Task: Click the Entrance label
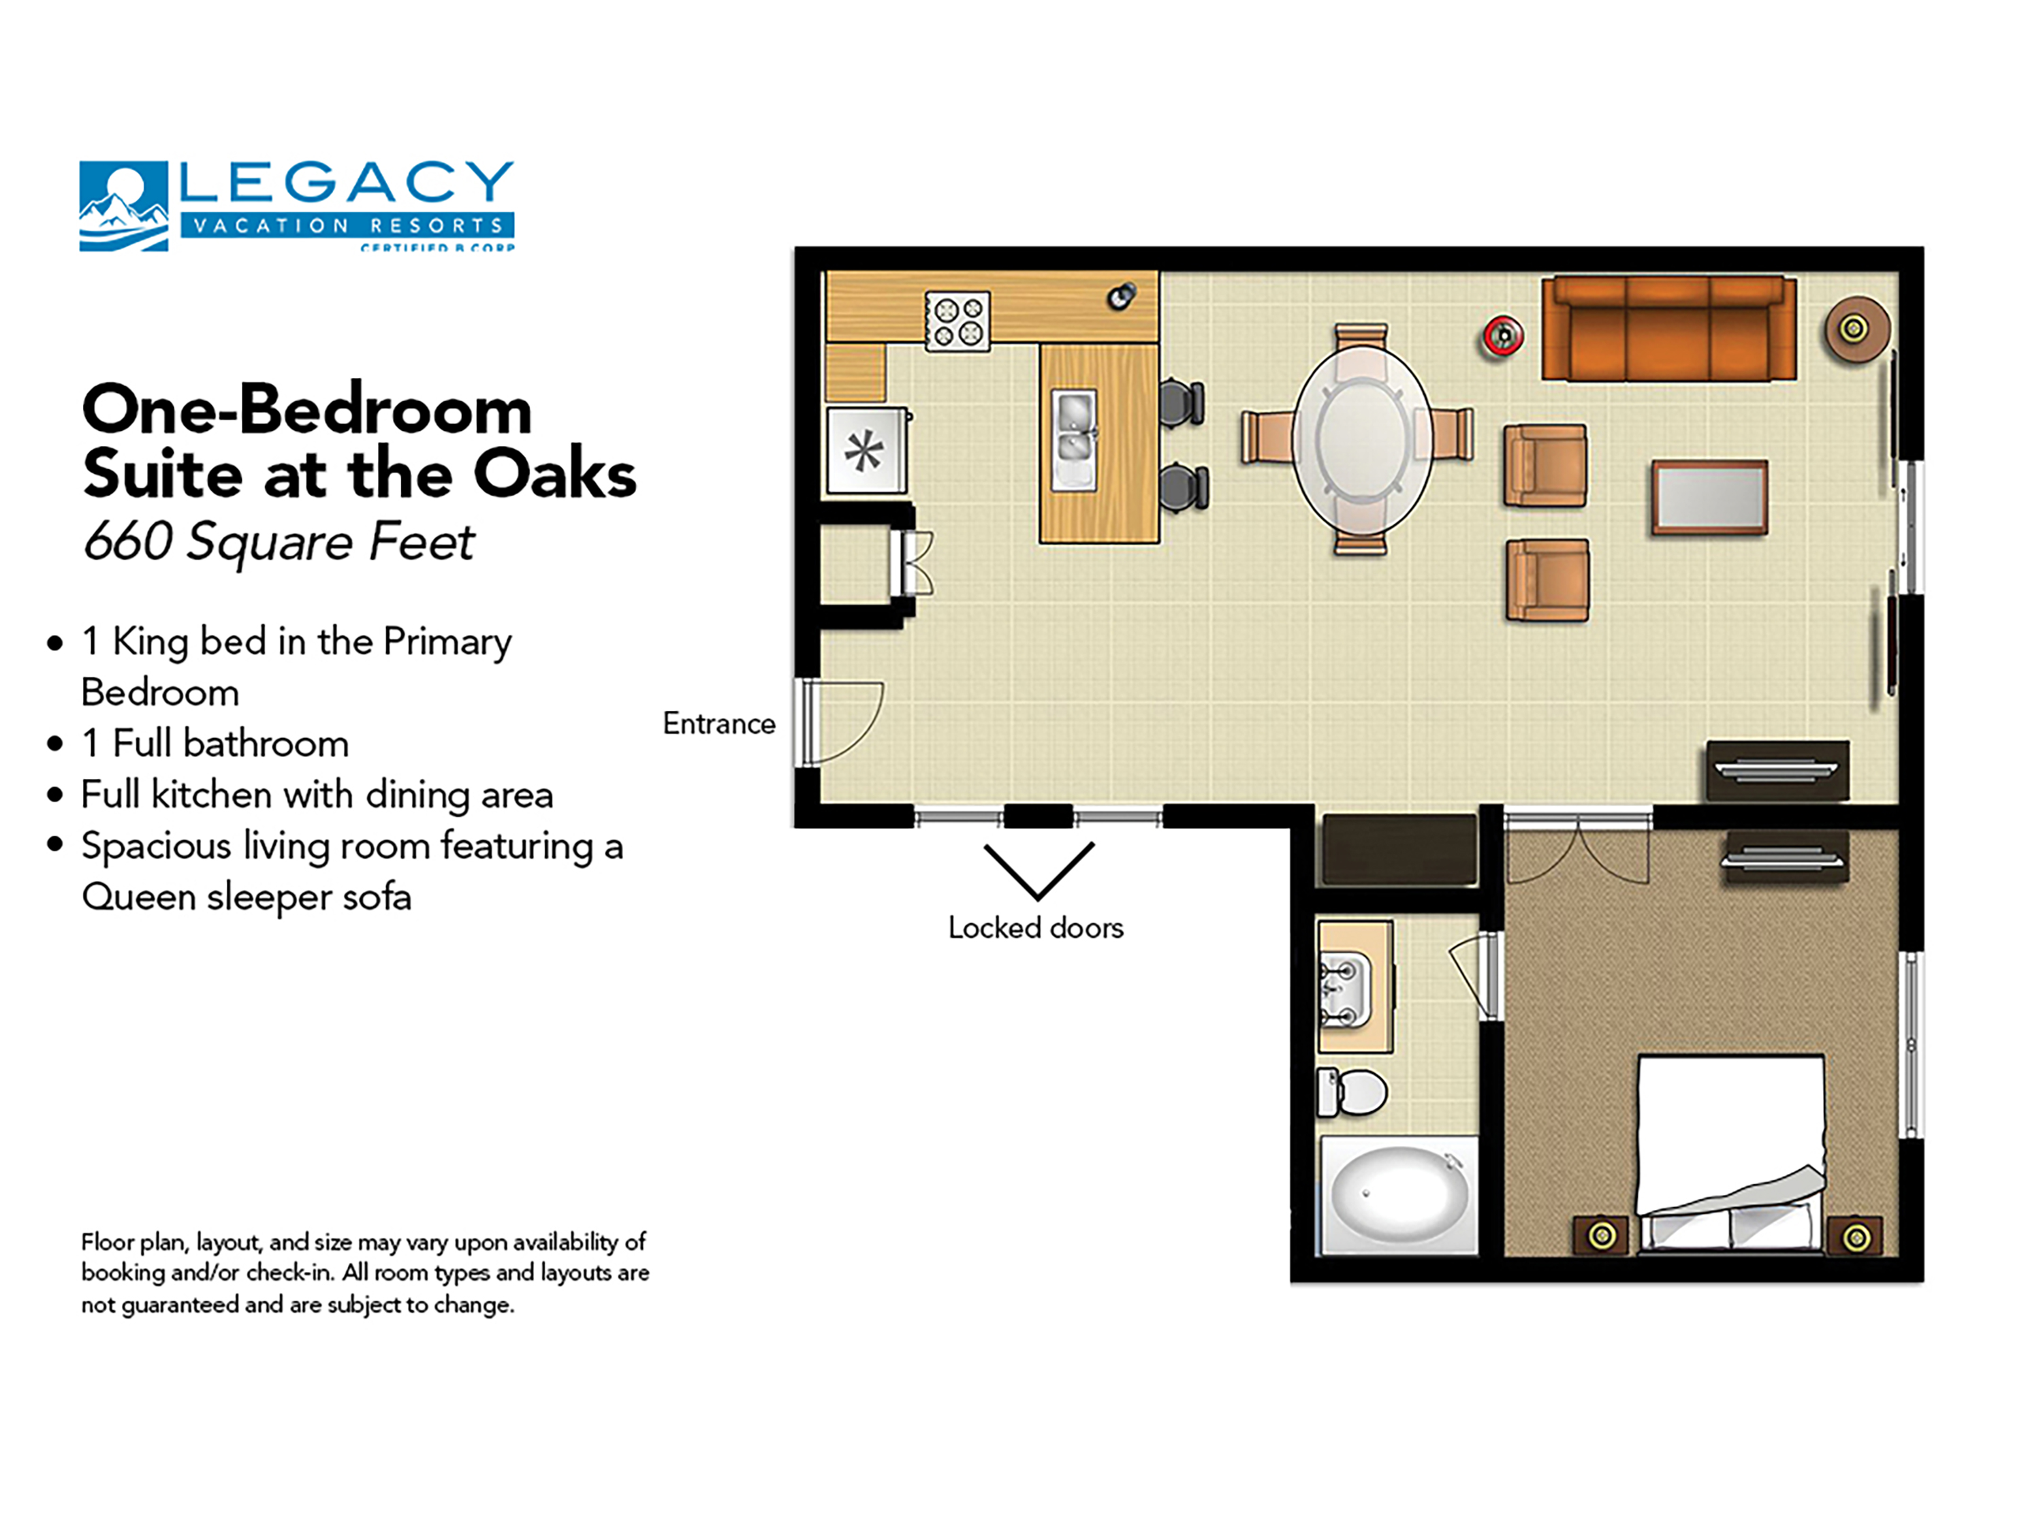(718, 723)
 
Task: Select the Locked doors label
(1035, 927)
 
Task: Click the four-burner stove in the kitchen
(957, 321)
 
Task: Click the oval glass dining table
(1361, 438)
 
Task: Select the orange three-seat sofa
(1668, 329)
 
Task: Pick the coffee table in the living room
(1709, 498)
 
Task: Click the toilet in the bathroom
(1352, 1092)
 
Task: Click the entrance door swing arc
(848, 723)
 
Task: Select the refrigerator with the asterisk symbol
(866, 451)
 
